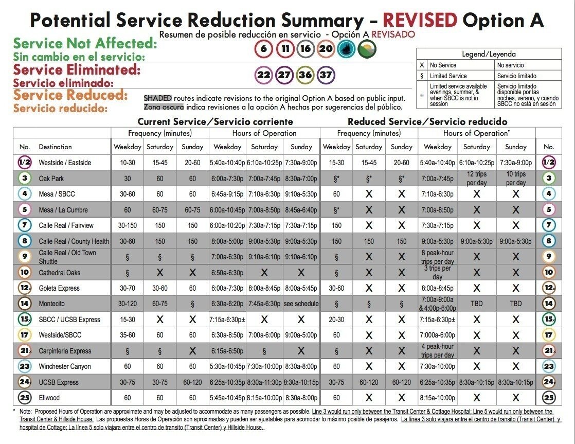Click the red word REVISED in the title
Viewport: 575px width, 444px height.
pyautogui.click(x=420, y=20)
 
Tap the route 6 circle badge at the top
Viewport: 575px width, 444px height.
pyautogui.click(x=264, y=49)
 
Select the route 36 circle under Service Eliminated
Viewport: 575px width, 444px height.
pyautogui.click(x=305, y=75)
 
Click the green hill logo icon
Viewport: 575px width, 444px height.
pyautogui.click(x=367, y=49)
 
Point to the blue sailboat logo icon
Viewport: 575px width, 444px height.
pyautogui.click(x=346, y=49)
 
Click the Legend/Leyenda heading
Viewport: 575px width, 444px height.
pyautogui.click(x=489, y=55)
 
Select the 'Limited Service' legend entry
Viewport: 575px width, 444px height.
pyautogui.click(x=448, y=76)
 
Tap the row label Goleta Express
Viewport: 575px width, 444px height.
pyautogui.click(x=59, y=288)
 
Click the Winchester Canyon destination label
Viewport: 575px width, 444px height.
pyautogui.click(x=65, y=366)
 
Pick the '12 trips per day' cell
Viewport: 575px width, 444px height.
pyautogui.click(x=476, y=179)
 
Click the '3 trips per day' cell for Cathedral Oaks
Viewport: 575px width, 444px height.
pyautogui.click(x=438, y=273)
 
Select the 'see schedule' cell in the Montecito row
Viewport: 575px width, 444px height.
pyautogui.click(x=301, y=304)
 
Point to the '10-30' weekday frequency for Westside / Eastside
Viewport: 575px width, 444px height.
pyautogui.click(x=127, y=163)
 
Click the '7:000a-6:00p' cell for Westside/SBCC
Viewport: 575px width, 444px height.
pyautogui.click(x=438, y=335)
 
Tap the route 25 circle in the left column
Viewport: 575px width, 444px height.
pyautogui.click(x=25, y=397)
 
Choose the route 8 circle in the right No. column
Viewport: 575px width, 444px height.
pyautogui.click(x=549, y=241)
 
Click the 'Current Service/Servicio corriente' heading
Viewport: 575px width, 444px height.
pyautogui.click(x=215, y=121)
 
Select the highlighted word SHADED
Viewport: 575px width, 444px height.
pyautogui.click(x=158, y=98)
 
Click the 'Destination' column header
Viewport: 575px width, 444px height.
pyautogui.click(x=56, y=147)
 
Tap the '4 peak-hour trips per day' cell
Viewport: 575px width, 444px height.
pyautogui.click(x=438, y=351)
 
